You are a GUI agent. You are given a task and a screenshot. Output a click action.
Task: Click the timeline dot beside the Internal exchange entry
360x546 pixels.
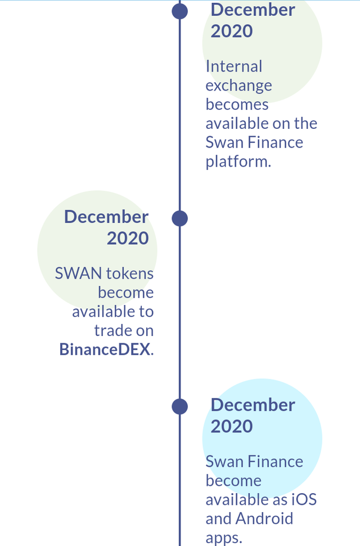click(x=179, y=11)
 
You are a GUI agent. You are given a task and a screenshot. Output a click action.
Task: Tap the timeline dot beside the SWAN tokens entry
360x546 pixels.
click(x=179, y=218)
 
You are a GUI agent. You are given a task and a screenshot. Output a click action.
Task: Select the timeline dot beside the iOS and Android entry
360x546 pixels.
click(x=179, y=406)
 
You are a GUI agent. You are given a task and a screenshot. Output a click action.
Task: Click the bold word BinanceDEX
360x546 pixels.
click(x=105, y=349)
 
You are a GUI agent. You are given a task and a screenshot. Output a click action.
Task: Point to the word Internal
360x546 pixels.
click(x=234, y=66)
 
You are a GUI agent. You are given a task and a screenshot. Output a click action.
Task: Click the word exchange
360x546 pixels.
click(x=238, y=86)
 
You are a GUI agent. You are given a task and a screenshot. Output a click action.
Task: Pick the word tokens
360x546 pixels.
click(x=130, y=274)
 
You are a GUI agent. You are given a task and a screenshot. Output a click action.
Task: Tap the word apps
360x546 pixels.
click(x=223, y=538)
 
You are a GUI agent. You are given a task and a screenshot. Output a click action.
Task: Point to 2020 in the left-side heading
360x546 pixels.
click(x=128, y=238)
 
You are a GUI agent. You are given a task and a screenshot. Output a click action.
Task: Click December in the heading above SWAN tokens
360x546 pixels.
click(x=106, y=217)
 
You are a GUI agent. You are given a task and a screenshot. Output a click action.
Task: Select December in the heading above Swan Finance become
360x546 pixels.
click(x=253, y=405)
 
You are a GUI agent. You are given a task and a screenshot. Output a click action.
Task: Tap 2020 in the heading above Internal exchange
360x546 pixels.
click(x=232, y=31)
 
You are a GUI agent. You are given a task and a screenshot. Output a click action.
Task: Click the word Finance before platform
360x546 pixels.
click(x=275, y=142)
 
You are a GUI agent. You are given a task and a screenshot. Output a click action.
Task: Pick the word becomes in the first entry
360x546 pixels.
click(x=237, y=105)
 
